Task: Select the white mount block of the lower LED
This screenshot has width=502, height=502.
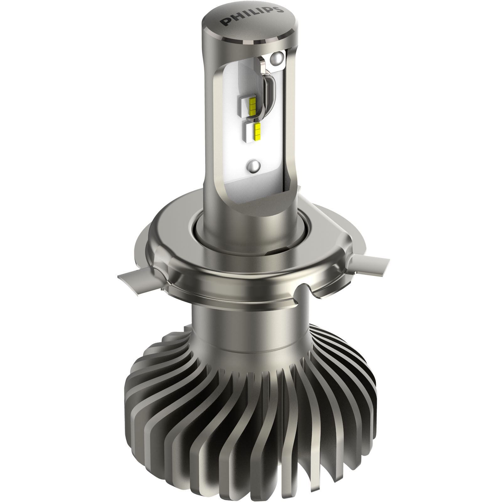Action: pyautogui.click(x=251, y=132)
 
